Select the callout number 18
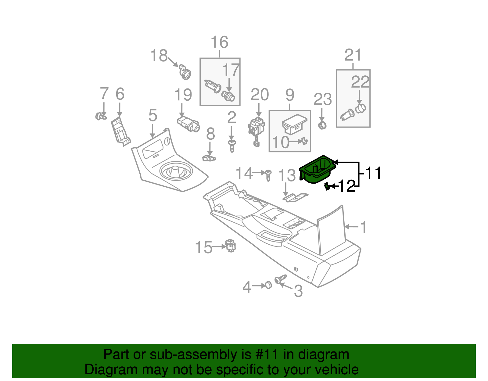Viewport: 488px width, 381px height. click(159, 56)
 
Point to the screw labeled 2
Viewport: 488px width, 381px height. click(232, 146)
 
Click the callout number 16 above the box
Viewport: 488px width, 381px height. click(220, 42)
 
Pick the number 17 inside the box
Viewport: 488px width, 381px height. click(230, 70)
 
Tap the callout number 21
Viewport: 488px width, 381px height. click(353, 55)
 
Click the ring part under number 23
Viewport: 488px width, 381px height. click(322, 125)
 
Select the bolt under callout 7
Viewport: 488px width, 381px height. click(101, 116)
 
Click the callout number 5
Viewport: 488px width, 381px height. click(153, 115)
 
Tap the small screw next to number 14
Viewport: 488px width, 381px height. click(268, 175)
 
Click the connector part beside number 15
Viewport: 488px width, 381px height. click(231, 246)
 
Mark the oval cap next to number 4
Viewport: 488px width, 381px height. click(268, 285)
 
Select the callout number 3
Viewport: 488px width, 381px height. click(298, 291)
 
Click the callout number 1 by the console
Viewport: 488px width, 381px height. click(363, 227)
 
